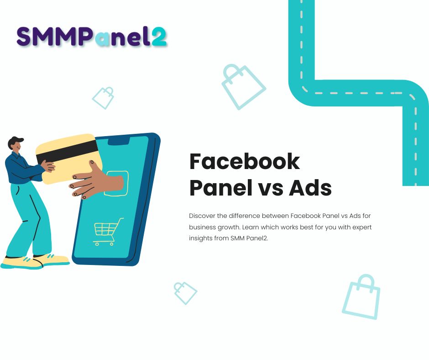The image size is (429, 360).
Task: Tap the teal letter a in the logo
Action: [103, 38]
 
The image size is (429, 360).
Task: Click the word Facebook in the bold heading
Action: [245, 161]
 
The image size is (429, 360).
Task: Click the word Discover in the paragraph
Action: [201, 215]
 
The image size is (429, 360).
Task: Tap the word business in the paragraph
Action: [201, 227]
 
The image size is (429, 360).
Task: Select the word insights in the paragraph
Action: [200, 238]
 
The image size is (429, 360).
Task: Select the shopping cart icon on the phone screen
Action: [108, 231]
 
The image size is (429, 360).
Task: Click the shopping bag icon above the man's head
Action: [104, 97]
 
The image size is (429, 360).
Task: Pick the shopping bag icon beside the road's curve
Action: [242, 86]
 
